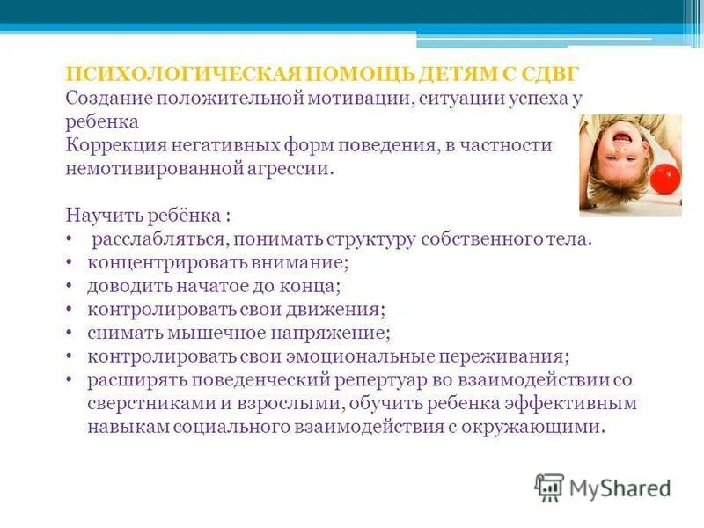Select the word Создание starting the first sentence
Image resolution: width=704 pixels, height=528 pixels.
pyautogui.click(x=106, y=98)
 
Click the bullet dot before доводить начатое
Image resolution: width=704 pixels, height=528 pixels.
pyautogui.click(x=70, y=286)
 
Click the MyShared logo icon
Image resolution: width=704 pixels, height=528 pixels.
pyautogui.click(x=549, y=488)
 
